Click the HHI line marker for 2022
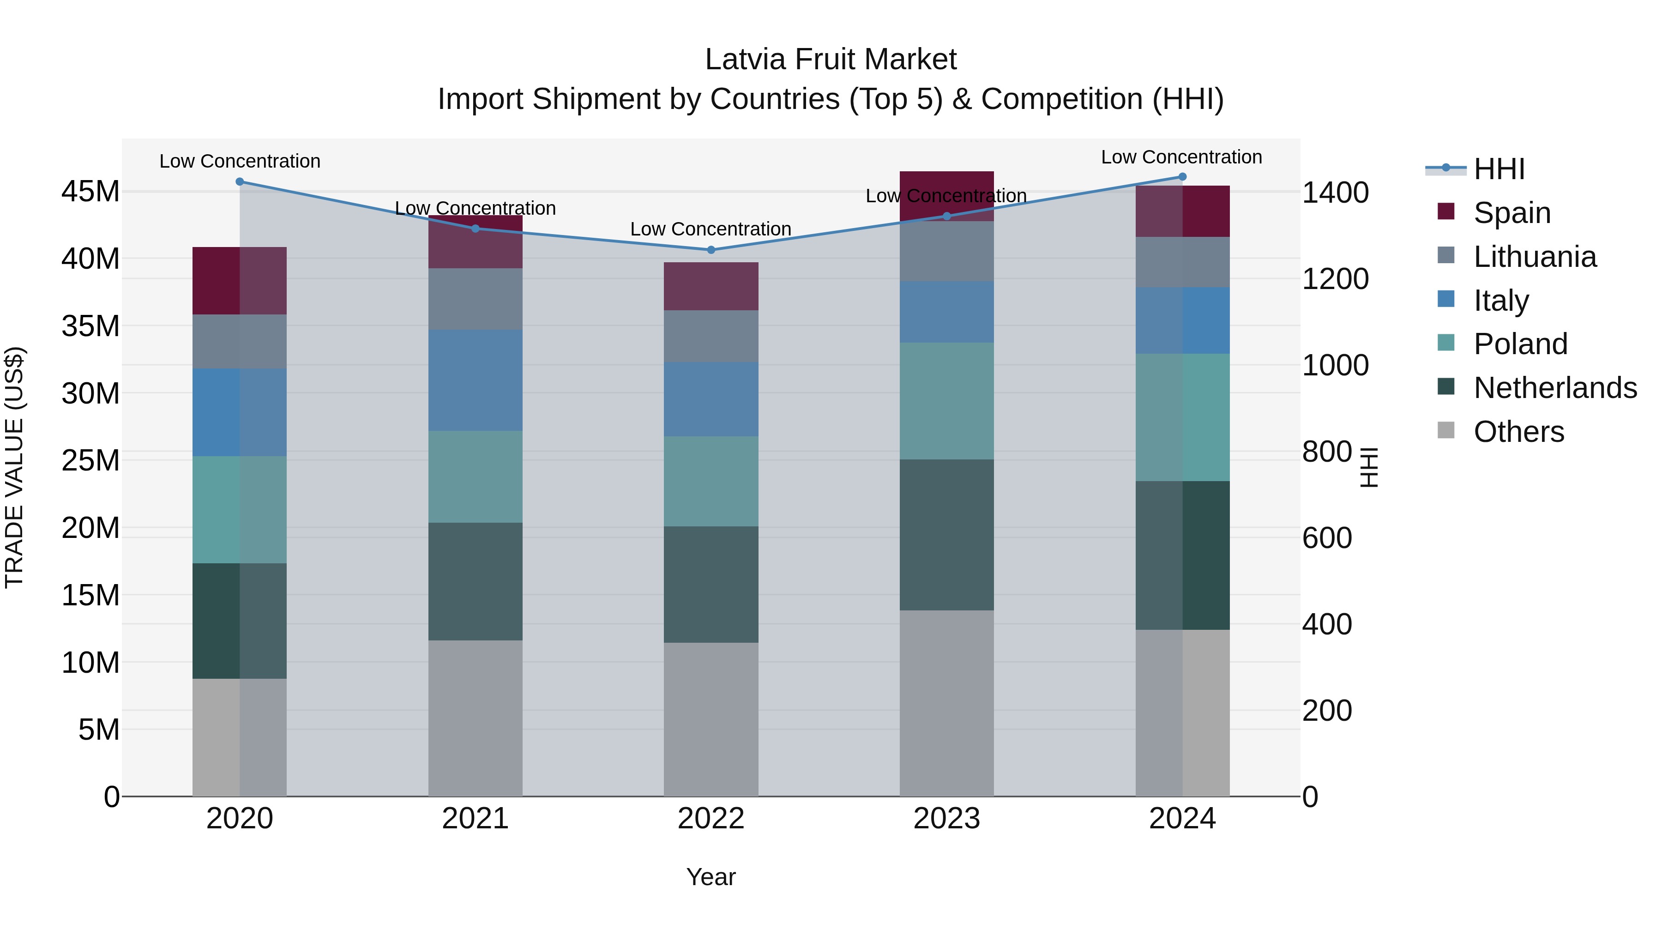tap(711, 250)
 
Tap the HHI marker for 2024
tap(1182, 177)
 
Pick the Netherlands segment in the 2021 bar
tap(475, 581)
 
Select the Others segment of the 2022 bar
tap(711, 719)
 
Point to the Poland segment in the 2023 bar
tap(946, 401)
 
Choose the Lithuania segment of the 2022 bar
tap(711, 336)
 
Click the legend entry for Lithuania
tap(1534, 257)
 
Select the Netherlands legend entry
tap(1554, 388)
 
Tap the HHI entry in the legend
tap(1499, 169)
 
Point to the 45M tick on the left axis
tap(90, 192)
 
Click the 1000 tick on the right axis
tap(1334, 365)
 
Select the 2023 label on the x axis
tap(946, 819)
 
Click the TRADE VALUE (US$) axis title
tap(14, 467)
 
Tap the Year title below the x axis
tap(711, 877)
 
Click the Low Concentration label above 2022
tap(711, 229)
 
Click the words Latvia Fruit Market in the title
tap(831, 60)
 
